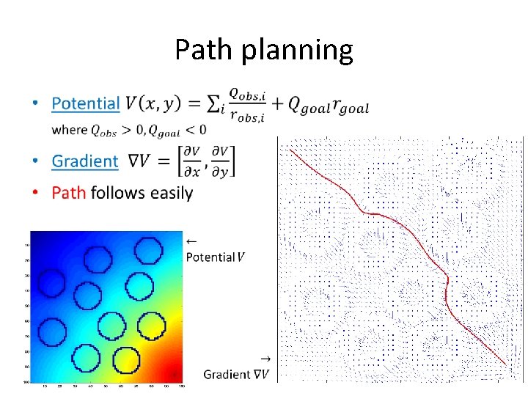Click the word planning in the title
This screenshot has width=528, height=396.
click(x=294, y=51)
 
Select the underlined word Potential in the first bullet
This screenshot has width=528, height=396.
click(x=85, y=103)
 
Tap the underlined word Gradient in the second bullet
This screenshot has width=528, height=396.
click(x=85, y=161)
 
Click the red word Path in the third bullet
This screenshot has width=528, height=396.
click(x=69, y=193)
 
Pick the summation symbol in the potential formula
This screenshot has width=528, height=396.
click(x=213, y=104)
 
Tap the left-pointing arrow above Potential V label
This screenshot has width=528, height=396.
click(x=191, y=241)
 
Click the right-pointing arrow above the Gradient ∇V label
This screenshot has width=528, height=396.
click(x=264, y=358)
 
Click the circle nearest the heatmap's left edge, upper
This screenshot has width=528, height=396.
click(x=51, y=282)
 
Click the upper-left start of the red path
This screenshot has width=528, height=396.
click(x=290, y=150)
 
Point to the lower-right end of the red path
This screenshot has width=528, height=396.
click(x=505, y=364)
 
